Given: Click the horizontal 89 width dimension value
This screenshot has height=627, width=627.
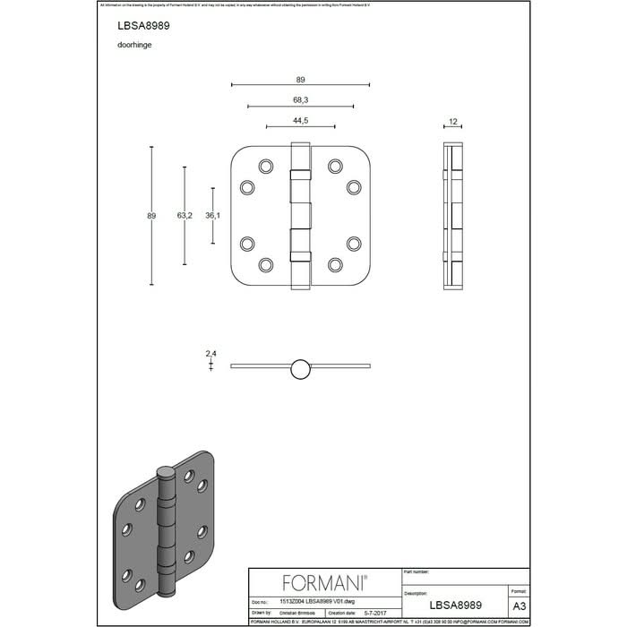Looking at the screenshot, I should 300,79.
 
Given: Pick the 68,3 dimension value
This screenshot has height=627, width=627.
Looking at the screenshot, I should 300,99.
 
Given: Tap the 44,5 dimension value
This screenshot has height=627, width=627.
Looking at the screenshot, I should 300,120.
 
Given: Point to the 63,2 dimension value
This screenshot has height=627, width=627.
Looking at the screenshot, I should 185,216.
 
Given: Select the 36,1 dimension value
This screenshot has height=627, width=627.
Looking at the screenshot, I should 213,216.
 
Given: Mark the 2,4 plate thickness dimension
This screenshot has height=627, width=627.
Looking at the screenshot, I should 211,355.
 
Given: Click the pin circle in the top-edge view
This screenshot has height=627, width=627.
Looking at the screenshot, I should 300,366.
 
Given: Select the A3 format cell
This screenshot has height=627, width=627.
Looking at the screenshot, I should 519,605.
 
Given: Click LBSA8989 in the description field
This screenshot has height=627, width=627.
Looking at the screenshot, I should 456,606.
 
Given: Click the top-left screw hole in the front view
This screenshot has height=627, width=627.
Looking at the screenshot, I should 265,166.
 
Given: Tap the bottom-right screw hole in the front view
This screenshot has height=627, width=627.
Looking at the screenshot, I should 335,264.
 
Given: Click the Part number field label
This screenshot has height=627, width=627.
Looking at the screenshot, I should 418,571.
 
